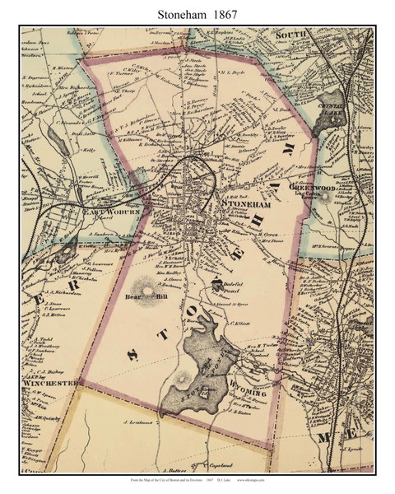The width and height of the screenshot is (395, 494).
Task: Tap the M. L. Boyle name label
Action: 235,73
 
